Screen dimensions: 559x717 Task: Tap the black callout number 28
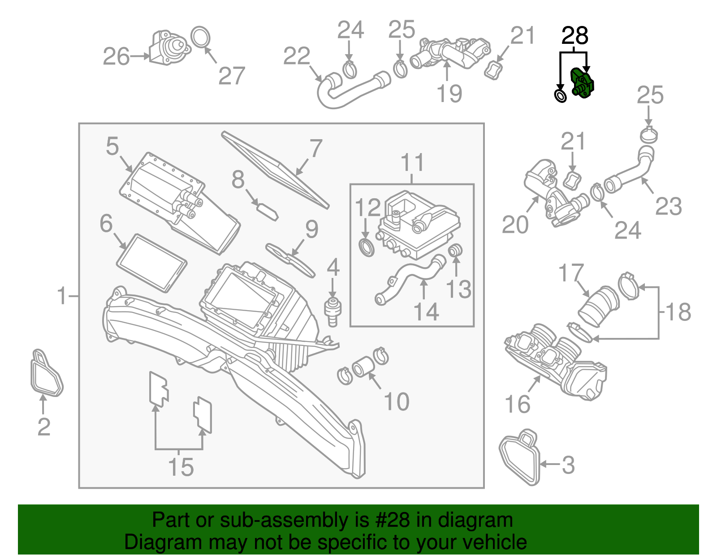click(574, 36)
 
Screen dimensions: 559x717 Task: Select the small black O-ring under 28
click(560, 95)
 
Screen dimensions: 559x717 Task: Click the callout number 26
click(116, 57)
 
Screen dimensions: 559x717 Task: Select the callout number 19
click(449, 94)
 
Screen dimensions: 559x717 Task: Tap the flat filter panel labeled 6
click(151, 263)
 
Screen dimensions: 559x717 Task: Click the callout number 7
click(316, 148)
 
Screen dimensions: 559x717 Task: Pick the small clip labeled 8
click(267, 211)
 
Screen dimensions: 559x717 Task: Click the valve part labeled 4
click(332, 309)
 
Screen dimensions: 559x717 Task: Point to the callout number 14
click(426, 312)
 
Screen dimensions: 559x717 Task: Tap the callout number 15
click(181, 467)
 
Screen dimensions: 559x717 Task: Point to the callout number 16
click(517, 404)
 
